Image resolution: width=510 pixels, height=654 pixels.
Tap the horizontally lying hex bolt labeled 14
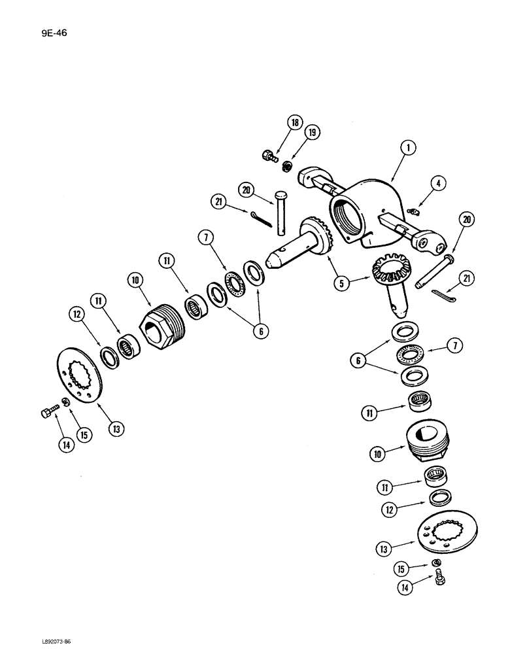47,413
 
